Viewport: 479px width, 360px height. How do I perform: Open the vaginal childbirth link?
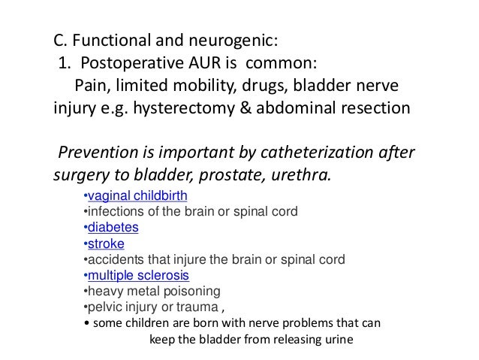coord(135,197)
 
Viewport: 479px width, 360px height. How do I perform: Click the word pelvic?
coord(99,307)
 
